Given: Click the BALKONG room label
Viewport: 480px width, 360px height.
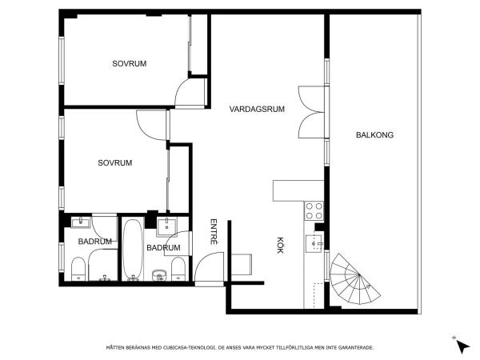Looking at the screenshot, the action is click(x=374, y=134).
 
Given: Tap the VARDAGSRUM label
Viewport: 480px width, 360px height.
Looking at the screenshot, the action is click(x=257, y=109).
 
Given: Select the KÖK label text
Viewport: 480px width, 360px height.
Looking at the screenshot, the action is click(x=280, y=246).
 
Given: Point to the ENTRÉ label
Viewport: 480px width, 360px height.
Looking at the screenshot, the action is click(x=214, y=231).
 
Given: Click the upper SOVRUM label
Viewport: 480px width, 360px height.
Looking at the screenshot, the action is click(x=129, y=64).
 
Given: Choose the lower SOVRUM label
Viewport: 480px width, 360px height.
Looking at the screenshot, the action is click(x=115, y=163).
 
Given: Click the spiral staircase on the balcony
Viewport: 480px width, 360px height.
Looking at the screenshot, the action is click(x=354, y=278).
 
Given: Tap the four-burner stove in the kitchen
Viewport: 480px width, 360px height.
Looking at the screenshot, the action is click(x=314, y=210).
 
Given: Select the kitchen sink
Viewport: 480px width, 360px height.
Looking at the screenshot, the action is click(x=314, y=244).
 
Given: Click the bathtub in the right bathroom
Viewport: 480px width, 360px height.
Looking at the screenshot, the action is click(x=133, y=249).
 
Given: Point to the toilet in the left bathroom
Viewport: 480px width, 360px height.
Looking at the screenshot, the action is click(x=78, y=269).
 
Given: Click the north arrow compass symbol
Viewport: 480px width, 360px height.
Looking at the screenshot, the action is click(x=462, y=345).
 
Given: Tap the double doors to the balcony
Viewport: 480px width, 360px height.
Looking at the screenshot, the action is click(x=311, y=112).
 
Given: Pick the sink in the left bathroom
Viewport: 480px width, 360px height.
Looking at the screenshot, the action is click(x=81, y=222).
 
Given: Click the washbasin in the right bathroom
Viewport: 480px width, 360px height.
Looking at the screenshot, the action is click(x=166, y=227).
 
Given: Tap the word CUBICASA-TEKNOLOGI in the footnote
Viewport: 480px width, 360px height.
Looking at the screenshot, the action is click(x=190, y=348).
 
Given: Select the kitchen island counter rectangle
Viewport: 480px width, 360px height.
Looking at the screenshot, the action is click(x=298, y=190).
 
